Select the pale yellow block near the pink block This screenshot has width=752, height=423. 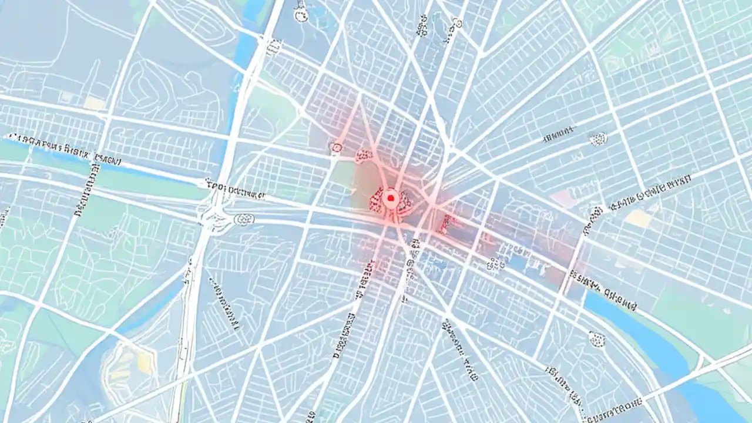click(x=639, y=219)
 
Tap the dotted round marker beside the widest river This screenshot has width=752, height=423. click(x=597, y=338)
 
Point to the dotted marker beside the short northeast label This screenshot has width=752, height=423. click(x=597, y=139)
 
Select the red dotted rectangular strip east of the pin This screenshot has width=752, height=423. click(x=446, y=223)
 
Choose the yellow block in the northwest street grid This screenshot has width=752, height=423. click(x=94, y=103)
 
